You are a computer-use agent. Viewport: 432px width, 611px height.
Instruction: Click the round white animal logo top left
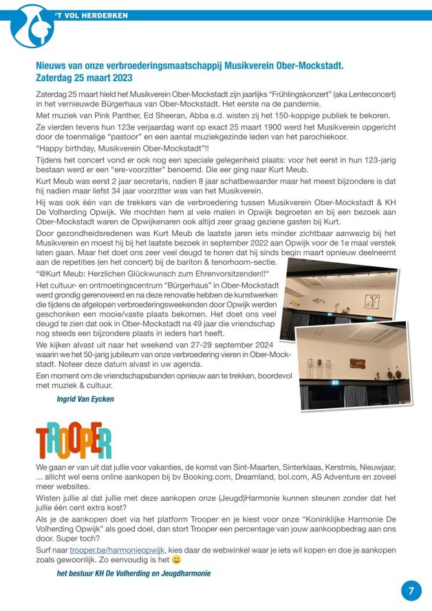32,25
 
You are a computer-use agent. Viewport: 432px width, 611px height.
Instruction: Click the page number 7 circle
411,590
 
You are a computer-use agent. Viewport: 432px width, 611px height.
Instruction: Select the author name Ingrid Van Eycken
85,398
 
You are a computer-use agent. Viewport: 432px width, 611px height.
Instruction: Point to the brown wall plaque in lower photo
357,363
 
